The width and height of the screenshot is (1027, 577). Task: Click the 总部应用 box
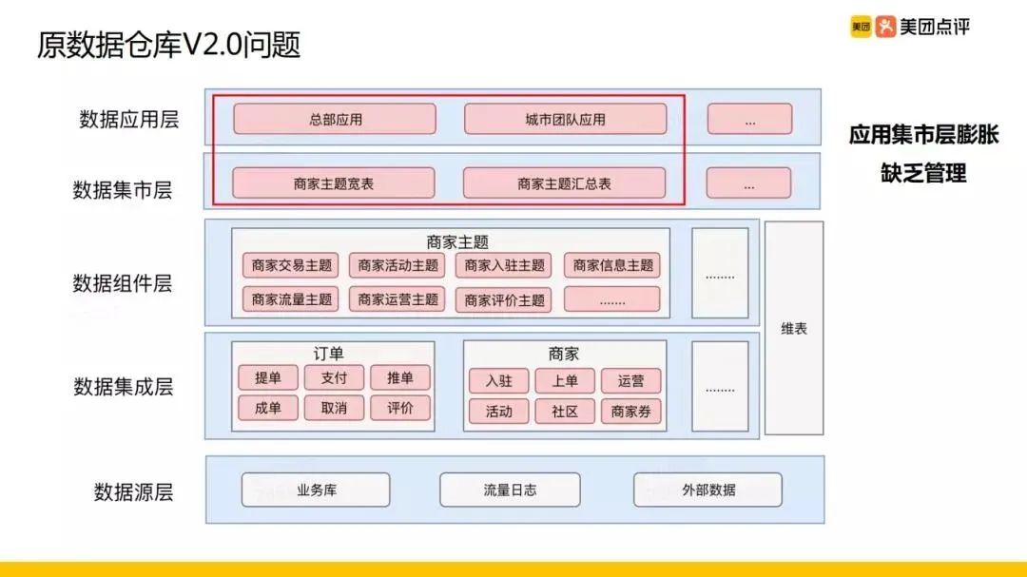coord(335,120)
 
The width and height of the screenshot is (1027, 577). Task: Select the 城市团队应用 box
coord(565,120)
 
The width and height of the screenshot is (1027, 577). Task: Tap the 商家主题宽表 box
coord(334,183)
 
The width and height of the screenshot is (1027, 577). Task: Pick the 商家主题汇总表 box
coord(564,183)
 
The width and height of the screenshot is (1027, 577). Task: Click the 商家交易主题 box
coord(292,266)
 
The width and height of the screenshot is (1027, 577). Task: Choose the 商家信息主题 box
coord(612,266)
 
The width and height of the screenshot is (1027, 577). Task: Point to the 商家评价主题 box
coord(505,300)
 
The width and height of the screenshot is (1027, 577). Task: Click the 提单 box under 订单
coord(268,377)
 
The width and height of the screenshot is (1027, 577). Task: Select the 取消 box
coord(334,409)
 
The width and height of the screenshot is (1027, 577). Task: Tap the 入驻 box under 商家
coord(499,381)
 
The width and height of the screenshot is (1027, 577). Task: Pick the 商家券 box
coord(630,412)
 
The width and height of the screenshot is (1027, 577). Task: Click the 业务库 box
coord(316,490)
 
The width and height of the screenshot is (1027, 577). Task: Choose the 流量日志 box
coord(510,490)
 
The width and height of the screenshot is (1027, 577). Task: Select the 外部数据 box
coord(708,490)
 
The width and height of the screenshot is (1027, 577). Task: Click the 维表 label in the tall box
coord(794,329)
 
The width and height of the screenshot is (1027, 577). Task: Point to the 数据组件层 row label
coord(123,283)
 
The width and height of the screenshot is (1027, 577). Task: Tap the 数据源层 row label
coord(133,491)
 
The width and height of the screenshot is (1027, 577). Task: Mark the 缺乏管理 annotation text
coord(923,174)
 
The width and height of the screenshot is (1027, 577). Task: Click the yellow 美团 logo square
coord(860,27)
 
